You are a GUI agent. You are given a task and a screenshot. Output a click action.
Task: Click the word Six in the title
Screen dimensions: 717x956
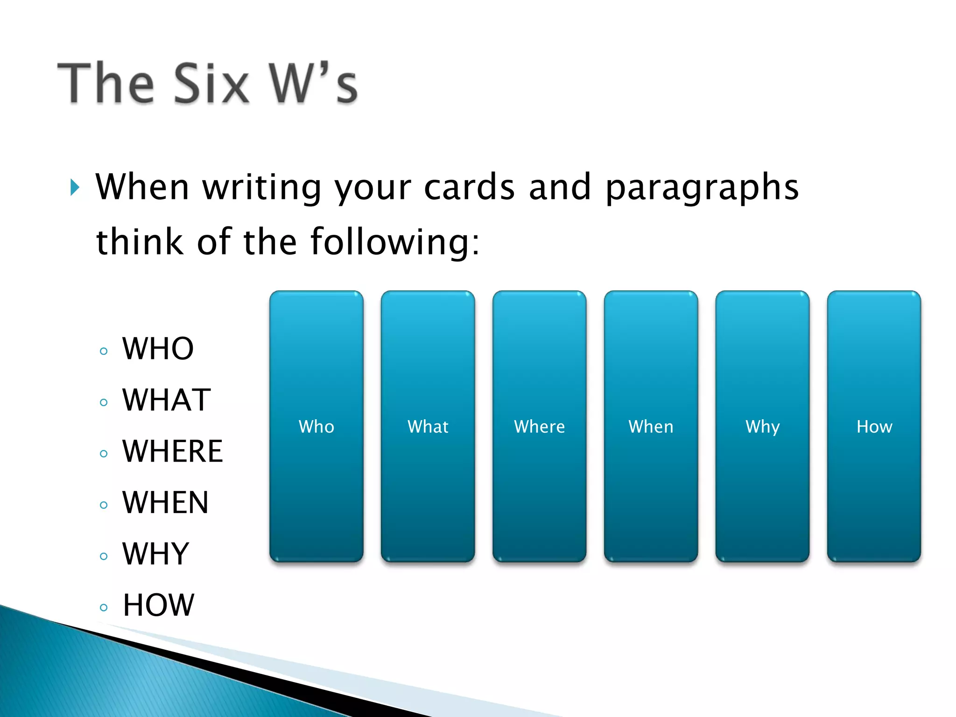[x=211, y=84]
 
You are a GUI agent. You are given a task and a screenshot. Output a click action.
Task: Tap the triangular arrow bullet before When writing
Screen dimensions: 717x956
[x=75, y=188]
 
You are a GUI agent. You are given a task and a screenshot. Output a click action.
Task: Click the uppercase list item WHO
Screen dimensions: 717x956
[x=158, y=349]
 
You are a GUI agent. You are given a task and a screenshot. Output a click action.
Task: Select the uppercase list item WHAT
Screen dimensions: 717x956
[x=166, y=400]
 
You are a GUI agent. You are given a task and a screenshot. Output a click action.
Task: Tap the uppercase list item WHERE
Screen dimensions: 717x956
[x=173, y=451]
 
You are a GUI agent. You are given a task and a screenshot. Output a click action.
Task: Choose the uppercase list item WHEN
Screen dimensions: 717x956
[x=165, y=503]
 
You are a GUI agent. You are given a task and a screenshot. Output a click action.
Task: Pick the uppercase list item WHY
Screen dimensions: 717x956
[x=155, y=554]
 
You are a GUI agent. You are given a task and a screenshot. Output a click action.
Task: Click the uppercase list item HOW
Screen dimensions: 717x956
[x=158, y=605]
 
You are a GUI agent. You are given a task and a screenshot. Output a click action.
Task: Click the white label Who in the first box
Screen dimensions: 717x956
[x=316, y=427]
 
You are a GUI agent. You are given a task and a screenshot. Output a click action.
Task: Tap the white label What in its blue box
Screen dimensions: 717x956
[x=428, y=427]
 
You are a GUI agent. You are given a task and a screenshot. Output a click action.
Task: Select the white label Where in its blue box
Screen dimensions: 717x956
[x=539, y=427]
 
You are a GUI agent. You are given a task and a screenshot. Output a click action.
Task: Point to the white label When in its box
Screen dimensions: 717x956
[x=651, y=427]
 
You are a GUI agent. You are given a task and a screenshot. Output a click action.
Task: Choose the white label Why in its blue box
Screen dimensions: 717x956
[x=762, y=427]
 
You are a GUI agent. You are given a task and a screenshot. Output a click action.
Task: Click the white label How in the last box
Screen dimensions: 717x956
[x=874, y=427]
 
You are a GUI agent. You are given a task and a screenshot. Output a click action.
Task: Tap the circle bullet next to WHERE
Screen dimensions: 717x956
[x=104, y=454]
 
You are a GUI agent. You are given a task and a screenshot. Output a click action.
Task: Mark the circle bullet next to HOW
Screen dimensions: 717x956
[x=104, y=608]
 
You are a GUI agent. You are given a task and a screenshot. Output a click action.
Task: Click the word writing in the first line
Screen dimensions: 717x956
[x=261, y=188]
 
